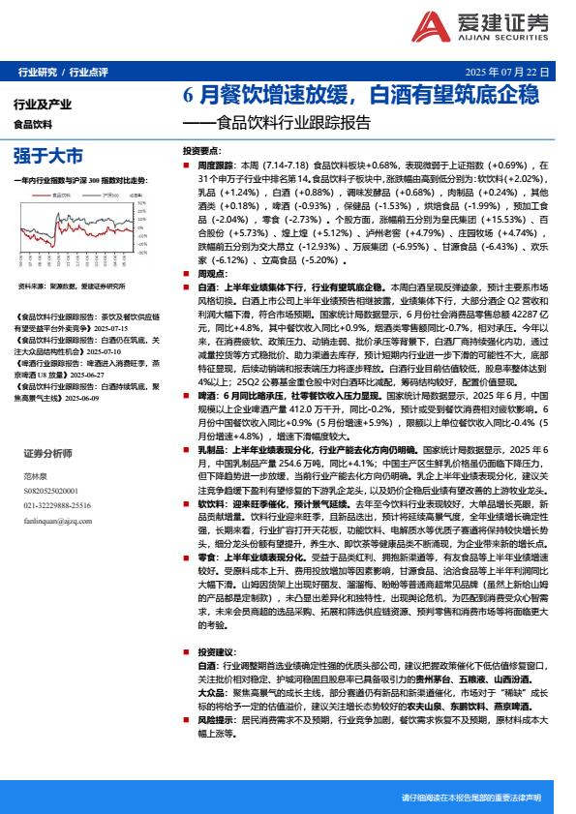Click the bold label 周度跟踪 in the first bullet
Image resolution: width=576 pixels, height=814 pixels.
pyautogui.click(x=216, y=166)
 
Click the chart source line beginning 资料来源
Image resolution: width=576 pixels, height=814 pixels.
pyautogui.click(x=73, y=286)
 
